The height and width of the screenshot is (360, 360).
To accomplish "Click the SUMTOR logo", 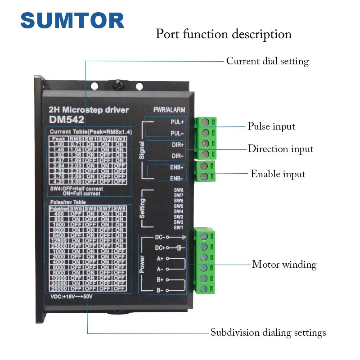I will click(x=72, y=21).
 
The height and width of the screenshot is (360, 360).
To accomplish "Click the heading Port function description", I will click(x=224, y=34).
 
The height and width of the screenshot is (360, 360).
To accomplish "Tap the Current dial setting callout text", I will click(x=267, y=61).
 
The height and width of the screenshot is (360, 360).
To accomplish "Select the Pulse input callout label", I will click(x=271, y=126).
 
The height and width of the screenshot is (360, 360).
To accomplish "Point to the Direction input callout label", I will click(x=280, y=149).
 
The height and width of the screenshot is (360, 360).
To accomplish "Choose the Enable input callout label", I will click(x=278, y=174).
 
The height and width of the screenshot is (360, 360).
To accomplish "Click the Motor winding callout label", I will click(x=284, y=265).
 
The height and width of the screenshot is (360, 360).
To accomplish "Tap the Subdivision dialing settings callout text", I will click(x=268, y=333).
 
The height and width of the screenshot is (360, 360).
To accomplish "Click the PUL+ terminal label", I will click(x=177, y=122).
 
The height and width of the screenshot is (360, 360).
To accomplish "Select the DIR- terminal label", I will click(x=177, y=156).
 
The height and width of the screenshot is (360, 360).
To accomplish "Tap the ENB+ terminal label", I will click(x=177, y=167).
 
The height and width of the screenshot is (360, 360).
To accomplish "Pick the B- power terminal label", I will click(x=160, y=290).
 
